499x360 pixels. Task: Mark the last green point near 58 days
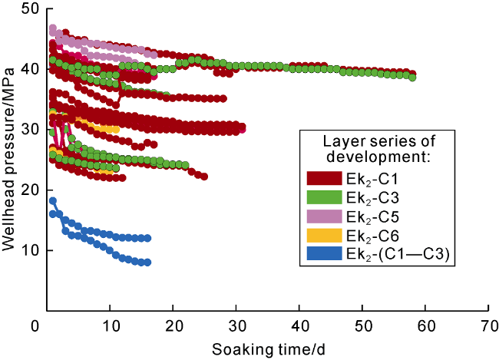point(413,78)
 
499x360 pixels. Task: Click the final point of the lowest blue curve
point(147,263)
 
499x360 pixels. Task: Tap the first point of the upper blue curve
point(52,201)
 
